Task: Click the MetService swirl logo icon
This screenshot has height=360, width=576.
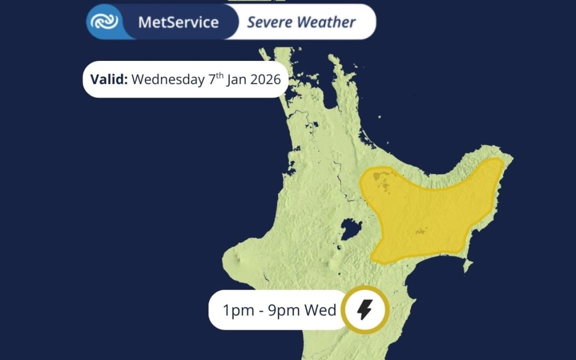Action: tap(104, 22)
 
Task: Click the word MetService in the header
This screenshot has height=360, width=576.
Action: tap(178, 22)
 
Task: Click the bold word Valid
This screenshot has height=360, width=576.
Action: tap(109, 79)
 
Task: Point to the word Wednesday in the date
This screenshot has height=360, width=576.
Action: tap(168, 79)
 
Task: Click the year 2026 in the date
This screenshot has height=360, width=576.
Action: tap(266, 79)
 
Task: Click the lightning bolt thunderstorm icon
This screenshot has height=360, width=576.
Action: tap(365, 310)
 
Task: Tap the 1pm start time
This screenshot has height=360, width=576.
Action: tap(236, 311)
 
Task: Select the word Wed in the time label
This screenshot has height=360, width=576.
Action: tap(320, 311)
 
